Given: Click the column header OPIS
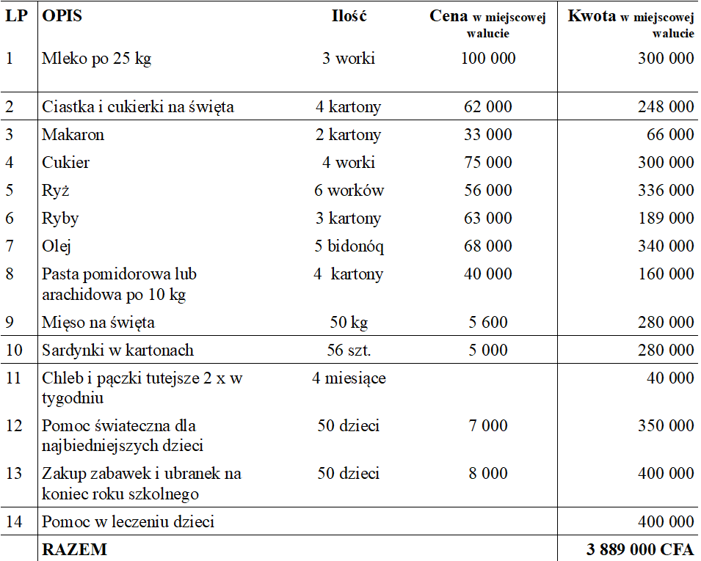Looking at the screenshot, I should (62, 16).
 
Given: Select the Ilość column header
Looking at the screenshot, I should (349, 16).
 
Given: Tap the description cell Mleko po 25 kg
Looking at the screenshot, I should (96, 59).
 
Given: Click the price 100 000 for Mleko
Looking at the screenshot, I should (488, 59).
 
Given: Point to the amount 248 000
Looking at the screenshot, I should (666, 107).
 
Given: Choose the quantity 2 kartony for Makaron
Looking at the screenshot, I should (349, 135).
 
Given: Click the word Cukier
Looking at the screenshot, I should (66, 163).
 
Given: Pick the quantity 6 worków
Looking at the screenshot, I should (349, 191).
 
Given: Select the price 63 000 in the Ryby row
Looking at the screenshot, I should (488, 219).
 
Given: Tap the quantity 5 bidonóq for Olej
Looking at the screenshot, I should (349, 246).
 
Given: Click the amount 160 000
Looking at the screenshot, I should (666, 274).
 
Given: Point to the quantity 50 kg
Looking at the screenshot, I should (349, 323).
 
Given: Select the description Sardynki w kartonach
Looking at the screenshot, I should (117, 351).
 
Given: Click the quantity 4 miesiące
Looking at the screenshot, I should (349, 378).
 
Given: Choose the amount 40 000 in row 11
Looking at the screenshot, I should (671, 378).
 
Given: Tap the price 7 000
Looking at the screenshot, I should (488, 426).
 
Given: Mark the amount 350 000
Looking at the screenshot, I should (666, 426).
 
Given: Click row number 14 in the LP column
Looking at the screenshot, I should (14, 522).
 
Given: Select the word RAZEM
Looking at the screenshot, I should (74, 549).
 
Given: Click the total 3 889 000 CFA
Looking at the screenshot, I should (640, 549).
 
